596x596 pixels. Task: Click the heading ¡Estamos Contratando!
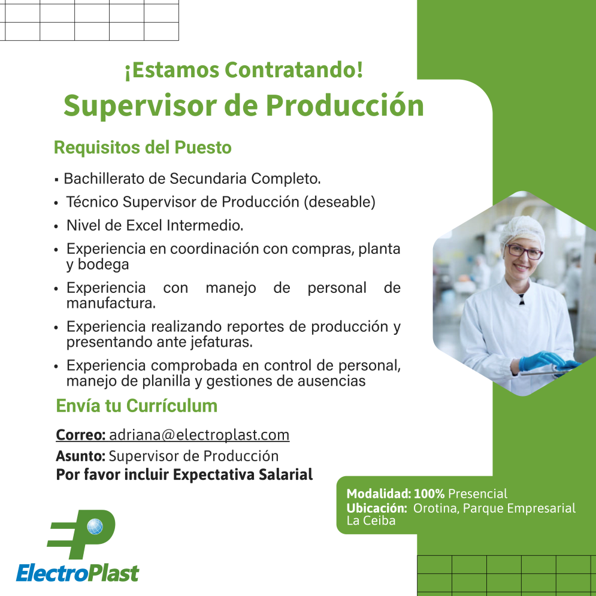244,70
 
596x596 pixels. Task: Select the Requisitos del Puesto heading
143,147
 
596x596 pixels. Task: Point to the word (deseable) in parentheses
340,202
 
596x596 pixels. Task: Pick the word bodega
103,265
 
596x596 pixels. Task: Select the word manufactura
111,303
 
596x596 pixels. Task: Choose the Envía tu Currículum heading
137,406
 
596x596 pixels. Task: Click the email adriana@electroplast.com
199,435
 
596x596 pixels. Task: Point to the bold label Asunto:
81,456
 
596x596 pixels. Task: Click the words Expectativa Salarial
243,475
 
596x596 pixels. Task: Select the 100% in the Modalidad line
429,494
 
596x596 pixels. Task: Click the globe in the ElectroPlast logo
95,527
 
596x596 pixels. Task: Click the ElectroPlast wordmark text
77,573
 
